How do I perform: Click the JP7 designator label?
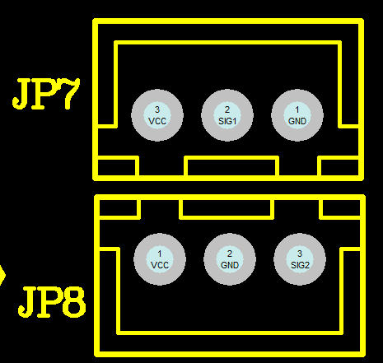46,94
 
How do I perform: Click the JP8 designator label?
52,302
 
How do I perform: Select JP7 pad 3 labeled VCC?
157,115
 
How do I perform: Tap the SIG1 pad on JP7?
227,115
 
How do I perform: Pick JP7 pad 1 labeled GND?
297,115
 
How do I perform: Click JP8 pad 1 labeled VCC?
160,259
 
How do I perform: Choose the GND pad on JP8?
230,259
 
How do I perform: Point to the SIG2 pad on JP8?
300,259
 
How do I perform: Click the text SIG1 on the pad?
227,121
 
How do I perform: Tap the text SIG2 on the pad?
300,265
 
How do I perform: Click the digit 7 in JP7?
71,94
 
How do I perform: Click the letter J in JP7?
20,94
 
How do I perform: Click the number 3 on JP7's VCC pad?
157,109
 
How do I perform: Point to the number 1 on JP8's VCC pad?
160,254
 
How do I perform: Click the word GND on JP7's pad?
297,121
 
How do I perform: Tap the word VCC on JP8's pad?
160,265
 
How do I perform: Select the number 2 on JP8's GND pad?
230,254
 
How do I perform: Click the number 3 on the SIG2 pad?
300,254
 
